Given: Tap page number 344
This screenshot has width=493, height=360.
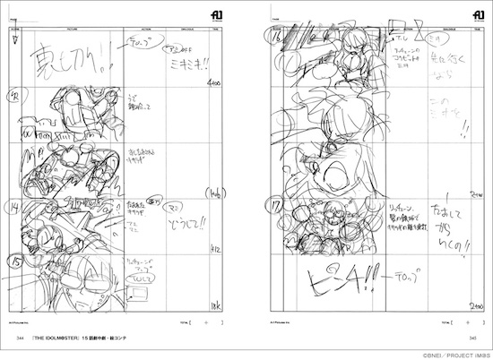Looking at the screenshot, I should pos(18,350).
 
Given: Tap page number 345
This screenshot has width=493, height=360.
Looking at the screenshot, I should pos(472,350).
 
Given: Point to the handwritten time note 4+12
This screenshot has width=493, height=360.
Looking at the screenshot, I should pos(216,250).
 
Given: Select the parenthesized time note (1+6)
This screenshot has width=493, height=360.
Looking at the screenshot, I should pos(216,193).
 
